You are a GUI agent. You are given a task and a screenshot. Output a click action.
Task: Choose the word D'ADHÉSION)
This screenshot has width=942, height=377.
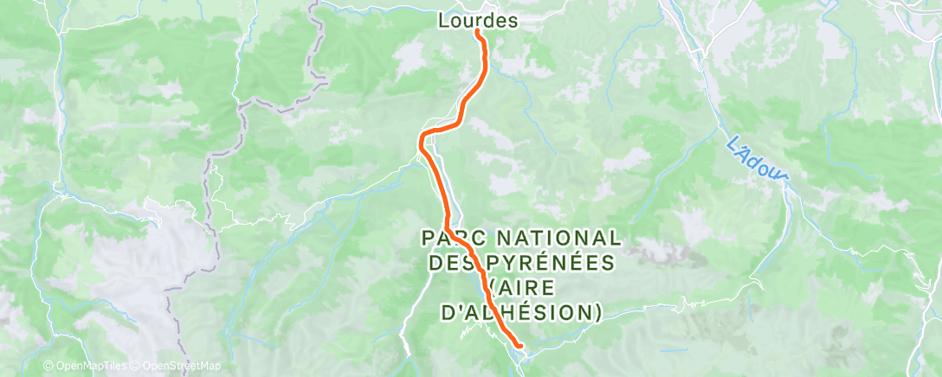[520, 311]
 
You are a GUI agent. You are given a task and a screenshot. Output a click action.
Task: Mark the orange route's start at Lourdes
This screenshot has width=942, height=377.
[477, 33]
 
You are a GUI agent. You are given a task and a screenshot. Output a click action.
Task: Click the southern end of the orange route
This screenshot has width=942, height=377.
[519, 347]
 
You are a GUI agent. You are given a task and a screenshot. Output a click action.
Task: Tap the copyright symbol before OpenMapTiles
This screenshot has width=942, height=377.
[48, 367]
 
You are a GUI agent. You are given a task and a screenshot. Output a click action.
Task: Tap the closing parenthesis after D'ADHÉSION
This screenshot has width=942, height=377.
[597, 311]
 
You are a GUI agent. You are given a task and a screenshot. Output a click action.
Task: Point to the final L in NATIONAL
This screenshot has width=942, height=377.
[615, 237]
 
